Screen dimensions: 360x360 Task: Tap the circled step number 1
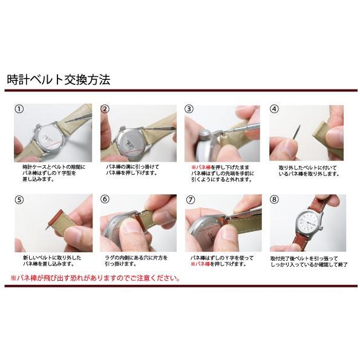click(19, 110)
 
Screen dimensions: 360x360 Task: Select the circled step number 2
click(105, 110)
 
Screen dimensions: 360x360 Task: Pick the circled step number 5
click(19, 200)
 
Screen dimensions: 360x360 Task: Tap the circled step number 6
click(105, 200)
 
